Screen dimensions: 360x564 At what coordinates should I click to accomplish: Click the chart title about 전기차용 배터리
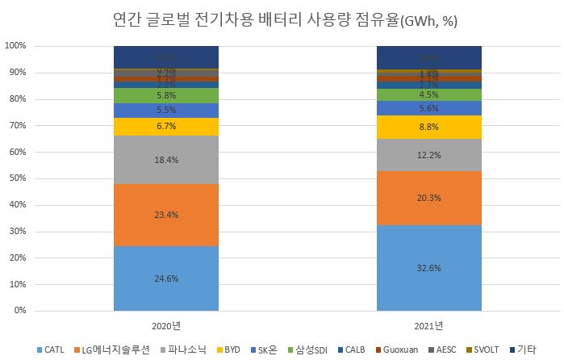tap(282, 18)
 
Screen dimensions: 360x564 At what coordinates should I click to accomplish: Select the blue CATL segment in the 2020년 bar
tap(165, 278)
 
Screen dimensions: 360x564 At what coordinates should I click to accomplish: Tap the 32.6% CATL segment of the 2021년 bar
tap(428, 268)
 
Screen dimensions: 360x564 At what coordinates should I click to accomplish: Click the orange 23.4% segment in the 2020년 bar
tap(165, 215)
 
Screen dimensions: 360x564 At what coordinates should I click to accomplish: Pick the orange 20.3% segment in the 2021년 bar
tap(428, 198)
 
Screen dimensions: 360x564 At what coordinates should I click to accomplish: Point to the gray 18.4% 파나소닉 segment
tap(165, 160)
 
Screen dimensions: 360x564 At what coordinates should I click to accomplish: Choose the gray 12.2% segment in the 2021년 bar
tap(428, 155)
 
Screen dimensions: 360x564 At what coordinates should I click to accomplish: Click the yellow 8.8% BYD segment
tap(428, 127)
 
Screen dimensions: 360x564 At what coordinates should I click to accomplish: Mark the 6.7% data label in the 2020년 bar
tap(165, 127)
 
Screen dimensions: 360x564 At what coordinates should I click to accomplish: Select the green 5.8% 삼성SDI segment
tap(165, 95)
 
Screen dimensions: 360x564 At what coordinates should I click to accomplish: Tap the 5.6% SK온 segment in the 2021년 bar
tap(428, 108)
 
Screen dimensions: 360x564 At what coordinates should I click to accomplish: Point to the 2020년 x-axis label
tap(165, 325)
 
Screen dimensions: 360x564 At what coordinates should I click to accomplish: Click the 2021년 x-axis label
tap(428, 325)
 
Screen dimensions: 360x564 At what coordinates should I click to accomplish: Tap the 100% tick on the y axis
tap(15, 46)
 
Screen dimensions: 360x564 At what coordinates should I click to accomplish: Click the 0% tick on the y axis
tap(19, 311)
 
